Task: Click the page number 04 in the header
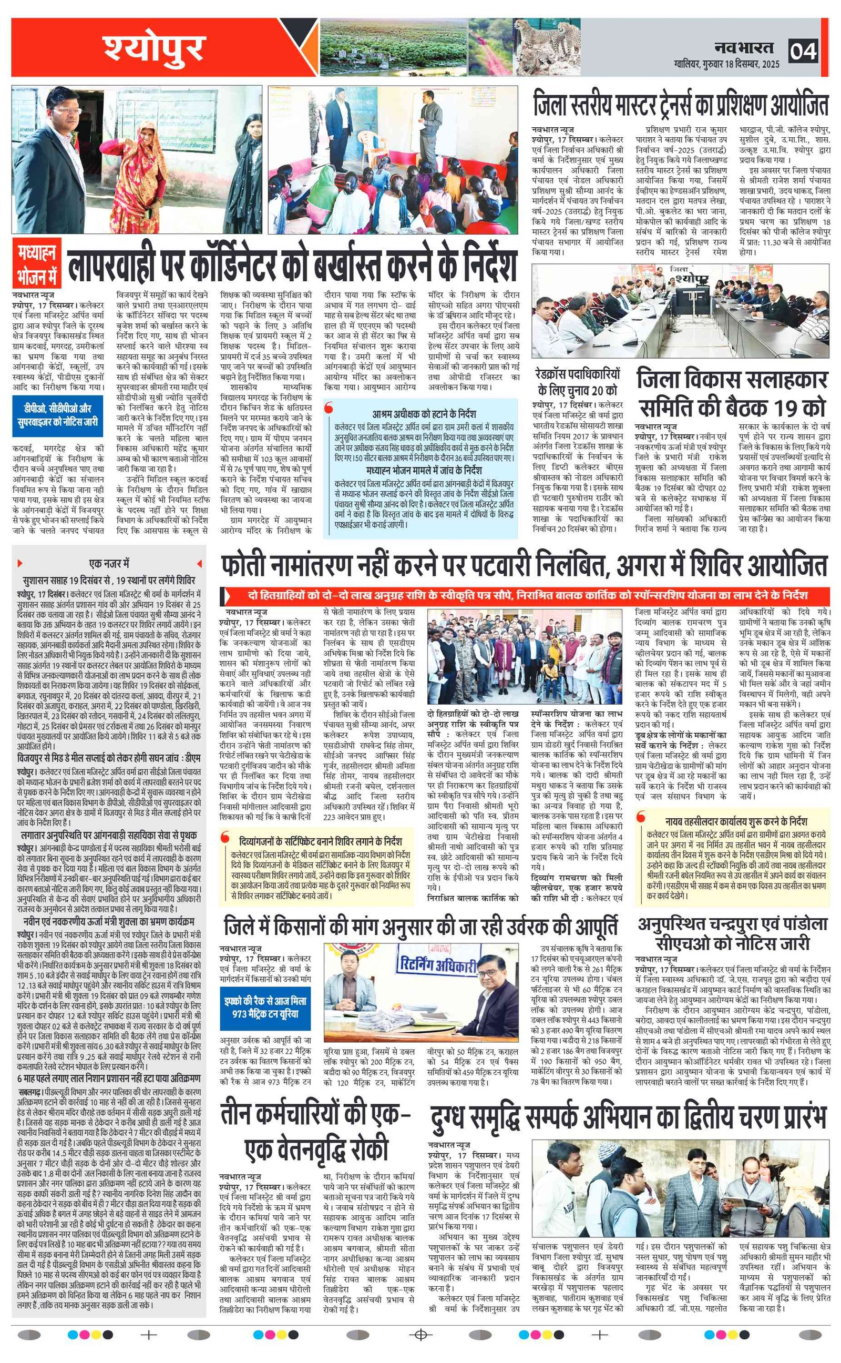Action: (803, 52)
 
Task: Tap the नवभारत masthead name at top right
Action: (744, 47)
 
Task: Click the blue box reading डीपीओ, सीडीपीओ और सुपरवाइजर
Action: (57, 415)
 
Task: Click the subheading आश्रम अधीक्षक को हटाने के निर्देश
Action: (424, 414)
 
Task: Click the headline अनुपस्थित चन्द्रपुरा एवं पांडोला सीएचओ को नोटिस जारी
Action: (733, 934)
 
